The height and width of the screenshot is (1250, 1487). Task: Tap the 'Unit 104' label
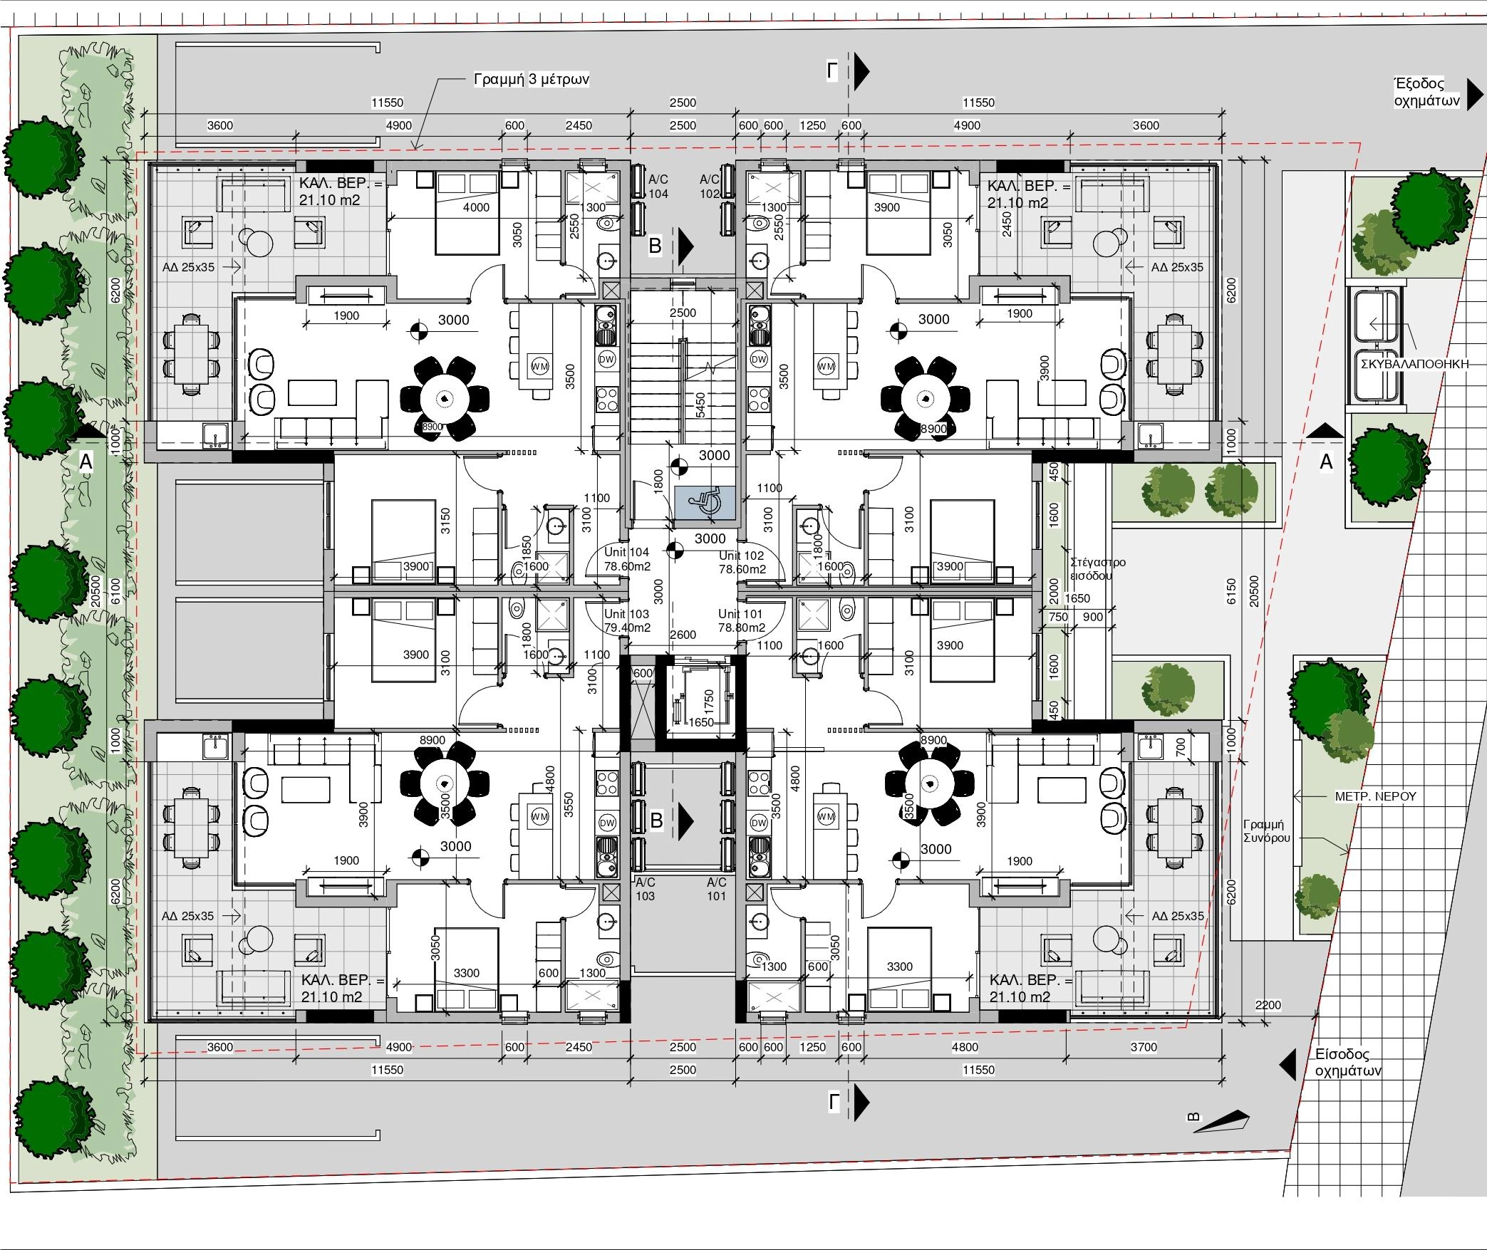point(627,552)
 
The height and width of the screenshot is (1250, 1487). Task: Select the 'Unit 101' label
point(740,613)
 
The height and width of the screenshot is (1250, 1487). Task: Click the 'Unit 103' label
point(627,613)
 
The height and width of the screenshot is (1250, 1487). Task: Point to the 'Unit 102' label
point(741,556)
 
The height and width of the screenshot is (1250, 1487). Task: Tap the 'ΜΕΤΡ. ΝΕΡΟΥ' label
point(1376,796)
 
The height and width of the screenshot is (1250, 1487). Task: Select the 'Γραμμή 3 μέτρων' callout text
point(532,79)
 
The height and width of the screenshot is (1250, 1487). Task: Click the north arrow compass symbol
point(1220,1121)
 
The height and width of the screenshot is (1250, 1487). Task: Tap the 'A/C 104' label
point(658,187)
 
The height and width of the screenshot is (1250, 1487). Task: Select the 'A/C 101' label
point(717,889)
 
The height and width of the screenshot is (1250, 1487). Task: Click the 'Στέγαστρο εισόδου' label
point(1098,569)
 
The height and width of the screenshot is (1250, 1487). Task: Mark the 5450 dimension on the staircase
point(700,405)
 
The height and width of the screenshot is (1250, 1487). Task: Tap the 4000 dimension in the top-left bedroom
point(476,207)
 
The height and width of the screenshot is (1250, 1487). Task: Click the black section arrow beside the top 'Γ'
point(862,70)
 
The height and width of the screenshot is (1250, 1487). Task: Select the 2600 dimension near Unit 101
point(683,635)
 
